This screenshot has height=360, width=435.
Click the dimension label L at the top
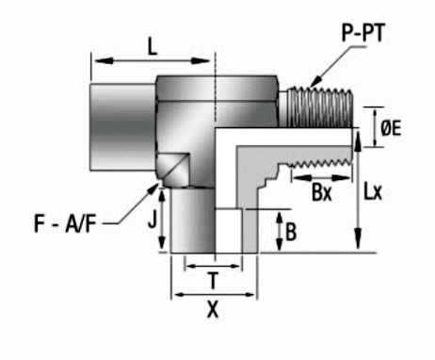[153, 43]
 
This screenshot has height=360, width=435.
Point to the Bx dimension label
[322, 194]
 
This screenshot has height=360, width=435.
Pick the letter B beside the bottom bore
[292, 230]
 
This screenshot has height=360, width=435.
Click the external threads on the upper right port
[316, 106]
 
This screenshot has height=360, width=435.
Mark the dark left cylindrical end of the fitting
[122, 126]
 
